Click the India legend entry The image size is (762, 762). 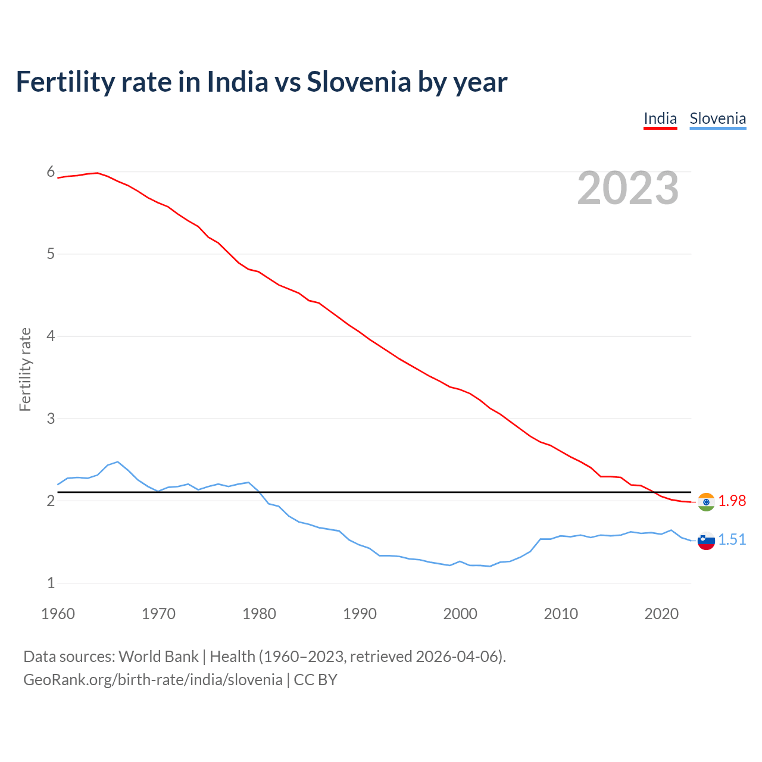point(660,118)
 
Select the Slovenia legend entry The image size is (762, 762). point(717,118)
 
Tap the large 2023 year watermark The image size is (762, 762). point(627,188)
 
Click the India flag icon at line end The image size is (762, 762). point(706,502)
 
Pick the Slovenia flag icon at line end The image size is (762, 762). point(706,541)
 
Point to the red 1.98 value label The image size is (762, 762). point(732,501)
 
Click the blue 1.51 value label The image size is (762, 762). point(732,539)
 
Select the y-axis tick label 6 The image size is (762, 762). point(51,172)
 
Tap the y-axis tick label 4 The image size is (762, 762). point(51,336)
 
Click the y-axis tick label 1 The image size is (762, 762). point(51,583)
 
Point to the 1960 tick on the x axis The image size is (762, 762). point(58,614)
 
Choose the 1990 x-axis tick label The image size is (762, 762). point(360,614)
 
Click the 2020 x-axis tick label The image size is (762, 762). point(661,614)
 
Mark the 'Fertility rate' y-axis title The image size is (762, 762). point(25,369)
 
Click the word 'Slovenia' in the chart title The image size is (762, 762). point(358,82)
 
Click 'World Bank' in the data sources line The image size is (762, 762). point(158,657)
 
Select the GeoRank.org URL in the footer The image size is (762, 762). point(153,680)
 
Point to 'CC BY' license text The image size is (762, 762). point(316,680)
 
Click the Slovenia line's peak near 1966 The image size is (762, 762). point(118,461)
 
